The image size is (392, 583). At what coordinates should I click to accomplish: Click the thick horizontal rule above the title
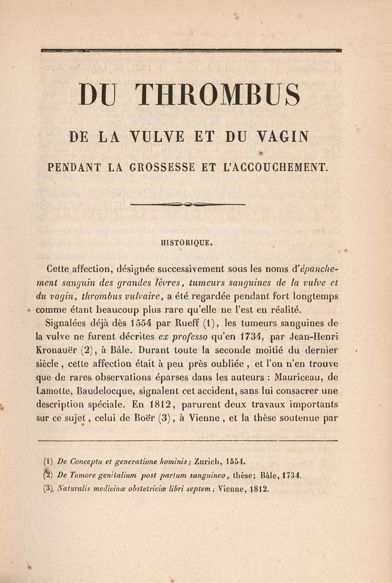(x=191, y=50)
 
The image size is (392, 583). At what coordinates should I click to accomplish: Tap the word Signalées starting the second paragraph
(x=66, y=324)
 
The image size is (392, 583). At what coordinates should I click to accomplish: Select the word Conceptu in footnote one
(x=85, y=462)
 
